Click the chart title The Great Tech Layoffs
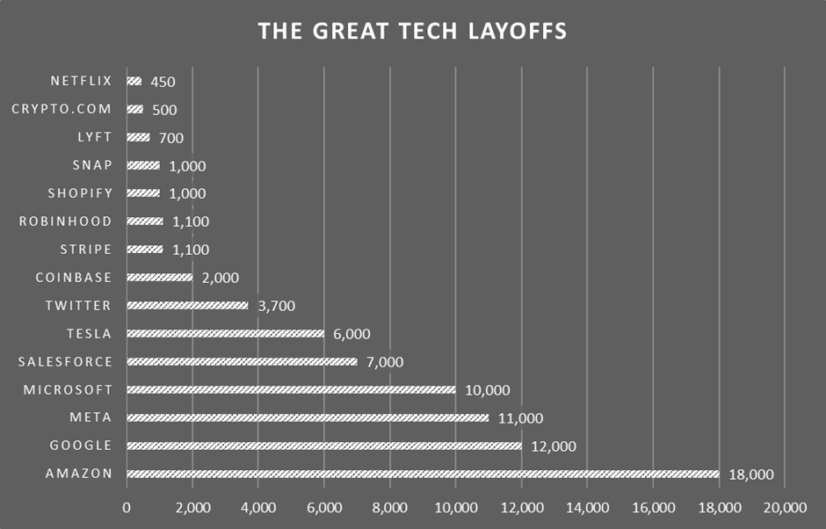pos(412,32)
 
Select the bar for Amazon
pos(423,475)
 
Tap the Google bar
pos(324,446)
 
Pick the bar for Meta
pos(308,418)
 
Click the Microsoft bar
pos(291,390)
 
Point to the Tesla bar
pos(226,334)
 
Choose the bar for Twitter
pos(188,306)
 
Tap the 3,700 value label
pos(276,306)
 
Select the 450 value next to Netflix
pos(163,82)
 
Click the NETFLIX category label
pos(81,81)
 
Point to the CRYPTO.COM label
pos(62,109)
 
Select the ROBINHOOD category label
pos(66,221)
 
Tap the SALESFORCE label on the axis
pos(65,362)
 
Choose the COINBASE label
pos(74,278)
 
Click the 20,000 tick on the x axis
pos(784,507)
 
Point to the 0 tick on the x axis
pos(127,507)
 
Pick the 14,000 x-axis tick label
pos(587,507)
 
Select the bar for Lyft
pos(138,138)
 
